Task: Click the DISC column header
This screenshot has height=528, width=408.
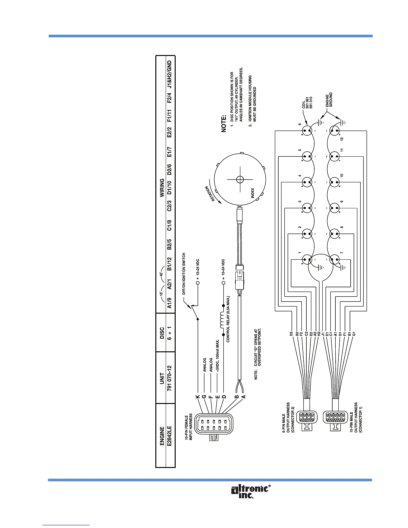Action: point(162,332)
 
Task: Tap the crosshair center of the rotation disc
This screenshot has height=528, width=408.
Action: point(240,179)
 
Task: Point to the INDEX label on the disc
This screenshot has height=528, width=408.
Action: point(253,193)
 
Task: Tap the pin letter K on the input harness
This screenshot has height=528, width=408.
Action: point(197,397)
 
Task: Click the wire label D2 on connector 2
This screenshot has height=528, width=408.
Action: point(291,333)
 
